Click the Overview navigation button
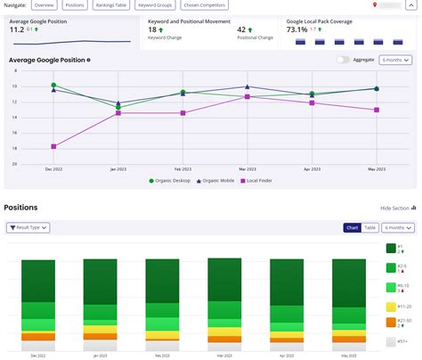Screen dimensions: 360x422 pyautogui.click(x=45, y=5)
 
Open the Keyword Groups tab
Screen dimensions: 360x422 pyautogui.click(x=155, y=5)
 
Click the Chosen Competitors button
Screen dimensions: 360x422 pyautogui.click(x=204, y=5)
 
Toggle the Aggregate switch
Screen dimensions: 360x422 pyautogui.click(x=343, y=60)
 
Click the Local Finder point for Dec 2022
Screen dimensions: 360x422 pyautogui.click(x=53, y=146)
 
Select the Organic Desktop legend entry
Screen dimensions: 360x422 pyautogui.click(x=172, y=180)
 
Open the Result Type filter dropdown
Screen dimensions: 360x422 pyautogui.click(x=28, y=228)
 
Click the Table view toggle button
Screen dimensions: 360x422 pyautogui.click(x=370, y=228)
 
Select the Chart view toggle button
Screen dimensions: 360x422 pyautogui.click(x=352, y=228)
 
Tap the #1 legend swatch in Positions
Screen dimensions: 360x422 pyautogui.click(x=391, y=249)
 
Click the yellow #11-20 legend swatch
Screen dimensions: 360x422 pyautogui.click(x=391, y=306)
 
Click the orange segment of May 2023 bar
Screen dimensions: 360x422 pyautogui.click(x=349, y=338)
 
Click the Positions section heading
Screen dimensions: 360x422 pyautogui.click(x=20, y=208)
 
